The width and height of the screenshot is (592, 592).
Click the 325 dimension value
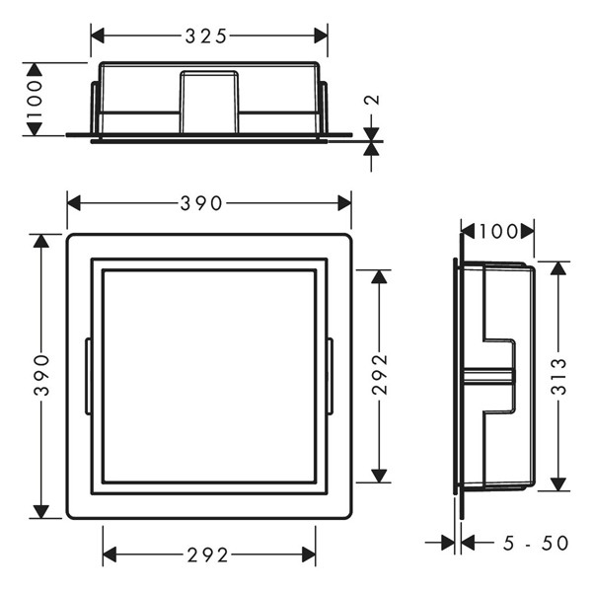pyautogui.click(x=206, y=37)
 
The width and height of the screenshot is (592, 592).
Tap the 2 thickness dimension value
pyautogui.click(x=373, y=100)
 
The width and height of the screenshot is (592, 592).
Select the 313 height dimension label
pyautogui.click(x=558, y=377)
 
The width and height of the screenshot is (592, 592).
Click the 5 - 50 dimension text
pyautogui.click(x=536, y=544)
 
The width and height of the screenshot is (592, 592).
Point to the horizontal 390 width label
pyautogui.click(x=201, y=203)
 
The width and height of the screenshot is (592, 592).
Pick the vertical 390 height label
pyautogui.click(x=41, y=375)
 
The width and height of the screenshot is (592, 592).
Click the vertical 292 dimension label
pyautogui.click(x=380, y=374)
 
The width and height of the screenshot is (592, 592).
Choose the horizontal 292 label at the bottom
pyautogui.click(x=207, y=555)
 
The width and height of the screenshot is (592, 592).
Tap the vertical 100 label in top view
pyautogui.click(x=35, y=99)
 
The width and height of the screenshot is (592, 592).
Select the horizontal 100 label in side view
pyautogui.click(x=498, y=232)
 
